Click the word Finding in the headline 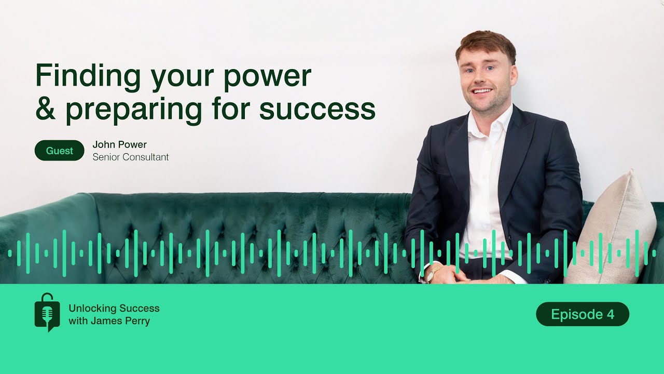(x=88, y=76)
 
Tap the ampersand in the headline (x=46, y=110)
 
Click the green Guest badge (x=60, y=151)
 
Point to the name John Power (x=119, y=145)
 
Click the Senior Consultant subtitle (x=130, y=157)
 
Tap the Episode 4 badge (x=582, y=314)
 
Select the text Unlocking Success (x=114, y=308)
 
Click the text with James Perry (x=109, y=321)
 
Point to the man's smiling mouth (x=483, y=91)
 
